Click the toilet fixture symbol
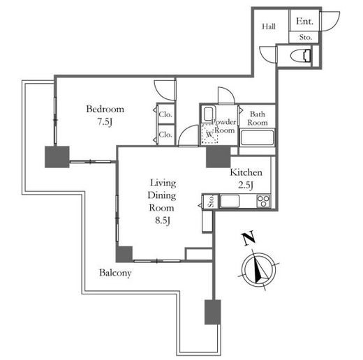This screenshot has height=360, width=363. pyautogui.click(x=301, y=56)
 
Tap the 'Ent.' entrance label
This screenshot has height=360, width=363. pyautogui.click(x=304, y=22)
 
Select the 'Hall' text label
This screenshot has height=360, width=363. pyautogui.click(x=269, y=27)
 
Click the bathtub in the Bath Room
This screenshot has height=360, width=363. pyautogui.click(x=257, y=138)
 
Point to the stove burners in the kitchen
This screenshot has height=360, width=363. pyautogui.click(x=263, y=201)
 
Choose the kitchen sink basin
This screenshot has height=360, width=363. pyautogui.click(x=230, y=201)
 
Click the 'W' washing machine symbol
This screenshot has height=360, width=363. pyautogui.click(x=209, y=134)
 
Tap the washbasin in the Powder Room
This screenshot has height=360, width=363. pyautogui.click(x=208, y=114)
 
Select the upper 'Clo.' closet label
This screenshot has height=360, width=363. pyautogui.click(x=165, y=114)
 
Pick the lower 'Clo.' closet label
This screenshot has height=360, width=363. pyautogui.click(x=165, y=135)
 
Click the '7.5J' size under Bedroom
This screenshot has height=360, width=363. pyautogui.click(x=105, y=121)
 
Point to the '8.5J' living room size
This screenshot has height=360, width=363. pyautogui.click(x=163, y=220)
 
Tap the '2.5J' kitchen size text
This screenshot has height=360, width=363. pyautogui.click(x=246, y=185)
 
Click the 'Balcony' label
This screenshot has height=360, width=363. pyautogui.click(x=115, y=273)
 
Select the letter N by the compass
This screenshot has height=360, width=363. pyautogui.click(x=249, y=238)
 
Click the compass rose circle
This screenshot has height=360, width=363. pyautogui.click(x=258, y=270)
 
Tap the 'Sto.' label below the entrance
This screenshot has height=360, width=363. pyautogui.click(x=306, y=37)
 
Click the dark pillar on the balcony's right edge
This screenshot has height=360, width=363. pyautogui.click(x=213, y=312)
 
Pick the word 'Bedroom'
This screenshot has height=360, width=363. pyautogui.click(x=105, y=109)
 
